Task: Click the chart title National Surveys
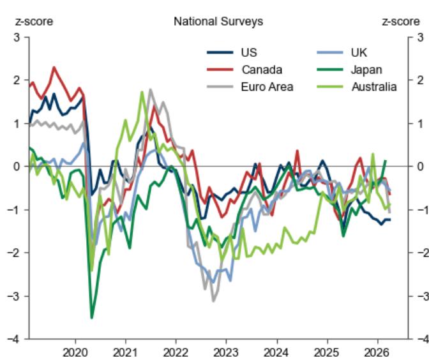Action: tap(218, 22)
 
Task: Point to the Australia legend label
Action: tap(374, 87)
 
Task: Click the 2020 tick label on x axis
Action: tap(75, 352)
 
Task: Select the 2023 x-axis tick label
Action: tap(225, 352)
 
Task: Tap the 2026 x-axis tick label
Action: tap(376, 352)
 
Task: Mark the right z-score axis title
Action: tap(400, 22)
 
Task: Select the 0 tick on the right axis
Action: tap(419, 166)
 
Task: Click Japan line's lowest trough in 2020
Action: tap(91, 317)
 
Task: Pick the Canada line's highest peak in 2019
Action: tap(54, 67)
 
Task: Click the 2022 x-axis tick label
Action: tap(176, 352)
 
